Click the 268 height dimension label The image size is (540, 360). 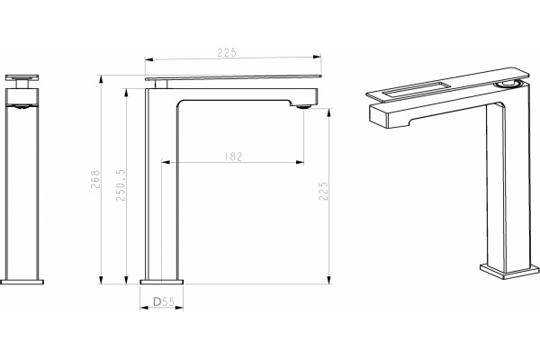95,179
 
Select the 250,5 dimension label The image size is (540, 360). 121,184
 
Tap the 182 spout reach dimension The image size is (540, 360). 233,157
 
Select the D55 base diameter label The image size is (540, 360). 164,302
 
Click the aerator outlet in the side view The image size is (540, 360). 303,106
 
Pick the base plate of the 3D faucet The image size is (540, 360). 509,272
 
